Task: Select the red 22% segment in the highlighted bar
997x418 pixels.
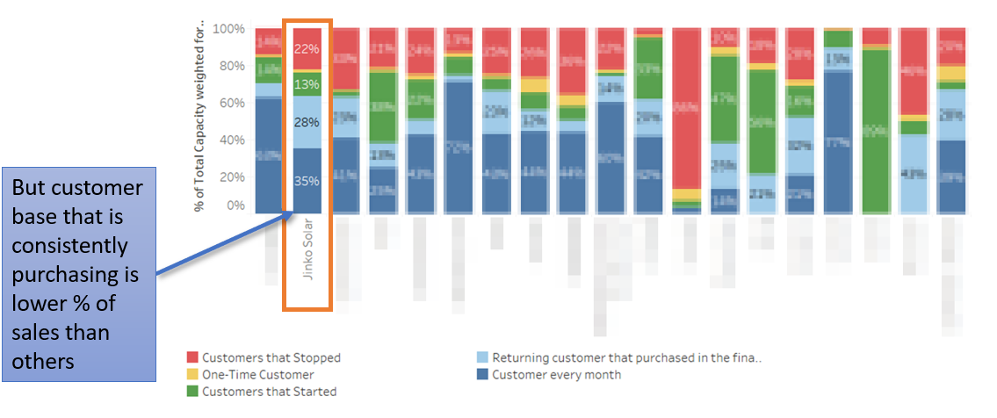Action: pos(307,49)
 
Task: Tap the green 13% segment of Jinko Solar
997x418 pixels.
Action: pos(307,84)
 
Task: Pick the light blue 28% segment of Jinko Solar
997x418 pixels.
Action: pos(307,121)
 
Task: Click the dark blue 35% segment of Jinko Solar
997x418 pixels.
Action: pos(307,180)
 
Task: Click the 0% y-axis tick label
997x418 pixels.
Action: pos(235,205)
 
